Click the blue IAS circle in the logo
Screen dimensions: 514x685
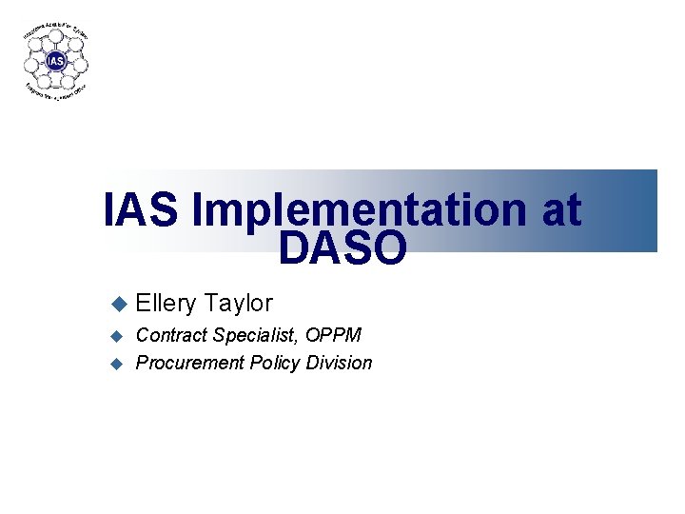(x=57, y=62)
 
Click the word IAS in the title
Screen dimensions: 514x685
(x=140, y=210)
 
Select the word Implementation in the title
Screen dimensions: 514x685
(x=360, y=210)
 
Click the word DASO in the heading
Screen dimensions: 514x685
(x=342, y=248)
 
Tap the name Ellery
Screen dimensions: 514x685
(x=166, y=304)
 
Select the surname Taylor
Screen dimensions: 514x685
(x=238, y=304)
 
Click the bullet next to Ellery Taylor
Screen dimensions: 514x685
(x=118, y=304)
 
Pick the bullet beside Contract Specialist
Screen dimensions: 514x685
(x=118, y=335)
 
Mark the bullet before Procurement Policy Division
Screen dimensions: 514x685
(x=118, y=363)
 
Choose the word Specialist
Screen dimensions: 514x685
(x=253, y=335)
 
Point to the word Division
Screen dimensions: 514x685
(x=339, y=363)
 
